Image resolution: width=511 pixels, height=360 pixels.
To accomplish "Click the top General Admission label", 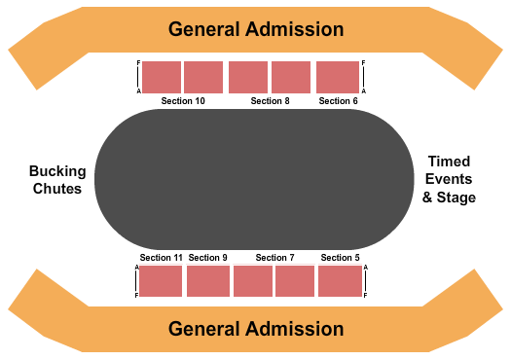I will pyautogui.click(x=256, y=28).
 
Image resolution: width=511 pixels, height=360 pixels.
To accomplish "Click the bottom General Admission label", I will pyautogui.click(x=256, y=329).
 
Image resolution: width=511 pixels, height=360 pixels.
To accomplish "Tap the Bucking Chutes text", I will pyautogui.click(x=55, y=180).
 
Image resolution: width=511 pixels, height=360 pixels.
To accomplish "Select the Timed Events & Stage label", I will pyautogui.click(x=449, y=180).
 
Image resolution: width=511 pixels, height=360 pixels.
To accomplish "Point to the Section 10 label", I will pyautogui.click(x=183, y=101).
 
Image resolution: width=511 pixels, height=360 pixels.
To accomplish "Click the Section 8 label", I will pyautogui.click(x=270, y=101).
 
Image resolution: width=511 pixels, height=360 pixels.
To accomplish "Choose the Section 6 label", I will pyautogui.click(x=339, y=101).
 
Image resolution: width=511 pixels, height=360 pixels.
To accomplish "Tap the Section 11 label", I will pyautogui.click(x=161, y=258).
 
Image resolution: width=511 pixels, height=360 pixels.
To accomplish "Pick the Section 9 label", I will pyautogui.click(x=207, y=258).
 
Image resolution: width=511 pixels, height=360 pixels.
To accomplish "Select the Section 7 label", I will pyautogui.click(x=274, y=258).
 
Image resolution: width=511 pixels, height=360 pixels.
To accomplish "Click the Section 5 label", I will pyautogui.click(x=340, y=258).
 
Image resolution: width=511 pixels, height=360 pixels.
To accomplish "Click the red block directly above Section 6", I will pyautogui.click(x=338, y=77).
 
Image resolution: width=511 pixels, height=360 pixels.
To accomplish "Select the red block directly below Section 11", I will pyautogui.click(x=161, y=281).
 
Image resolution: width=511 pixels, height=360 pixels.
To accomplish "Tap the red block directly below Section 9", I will pyautogui.click(x=207, y=281).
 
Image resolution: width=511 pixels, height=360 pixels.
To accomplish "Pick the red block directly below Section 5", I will pyautogui.click(x=340, y=281).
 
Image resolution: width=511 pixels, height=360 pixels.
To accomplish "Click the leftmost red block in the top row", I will pyautogui.click(x=161, y=77).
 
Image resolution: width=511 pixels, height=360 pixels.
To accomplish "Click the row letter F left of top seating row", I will pyautogui.click(x=138, y=64).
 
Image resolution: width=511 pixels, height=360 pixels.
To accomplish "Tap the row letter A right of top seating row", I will pyautogui.click(x=363, y=90).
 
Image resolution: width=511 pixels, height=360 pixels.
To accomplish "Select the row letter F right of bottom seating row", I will pyautogui.click(x=364, y=295).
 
